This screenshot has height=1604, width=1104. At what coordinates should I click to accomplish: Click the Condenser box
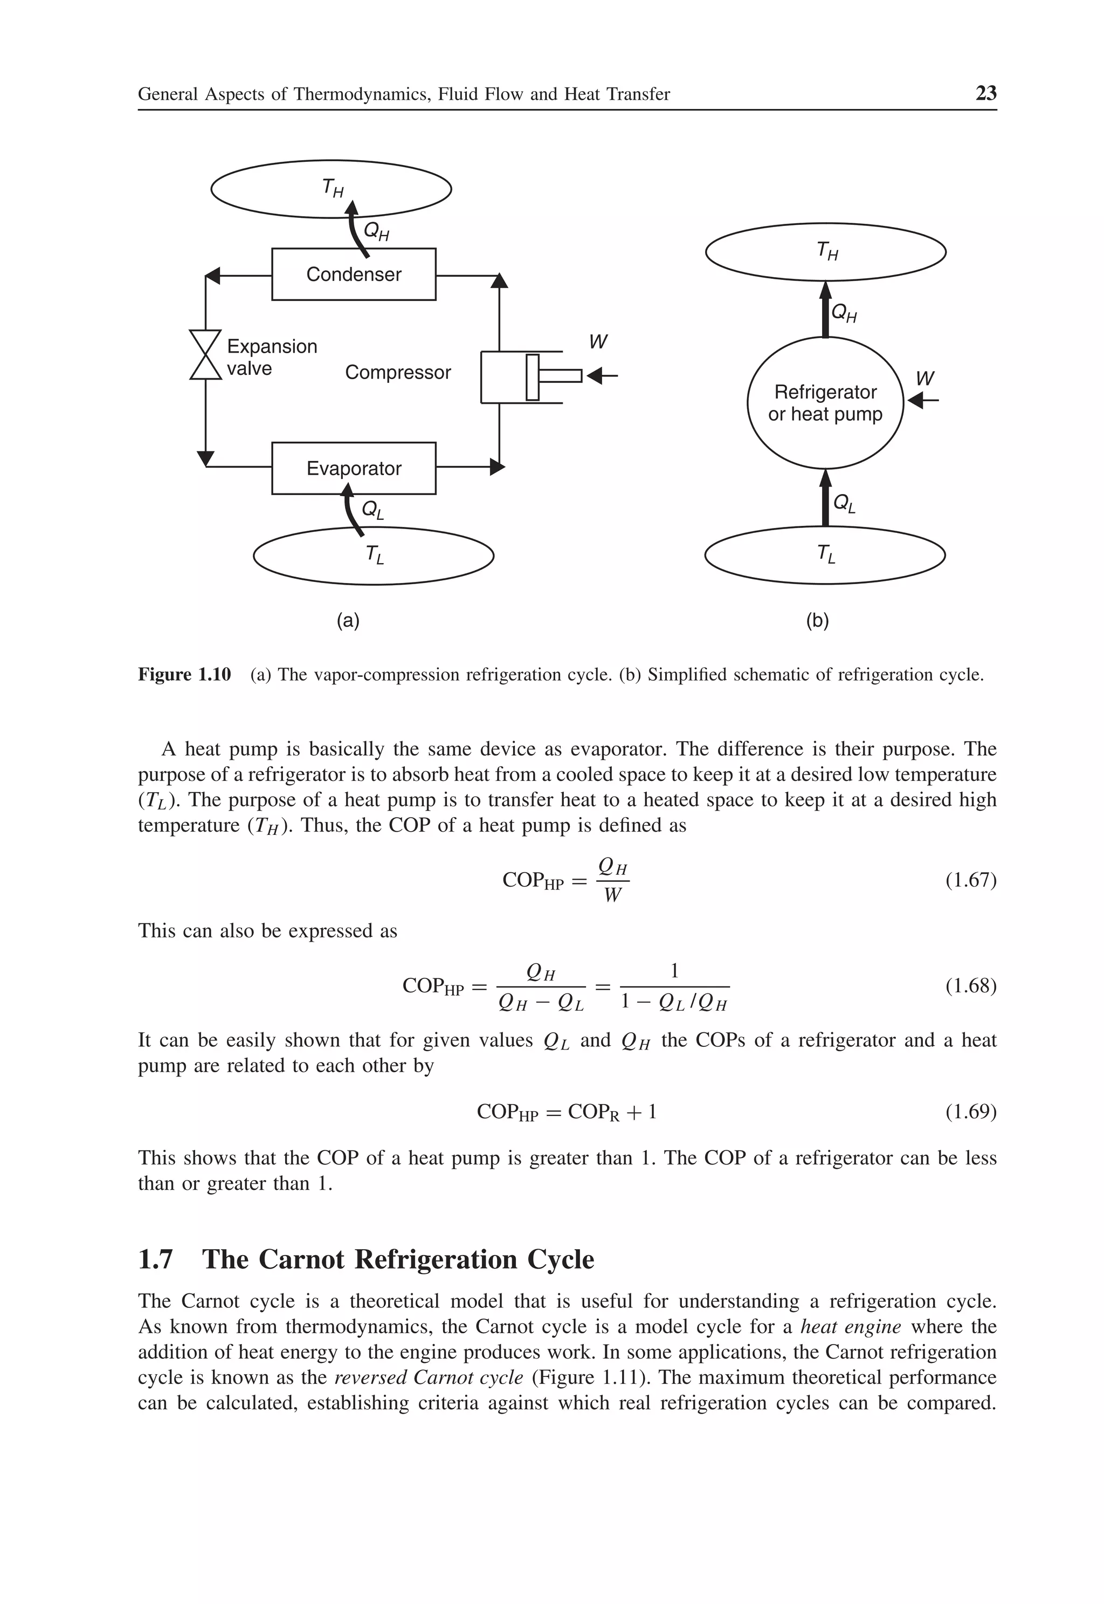pyautogui.click(x=354, y=274)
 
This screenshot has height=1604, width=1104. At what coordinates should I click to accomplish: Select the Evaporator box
pyautogui.click(x=354, y=469)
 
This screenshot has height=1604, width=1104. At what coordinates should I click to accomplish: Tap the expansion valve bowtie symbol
pyautogui.click(x=205, y=354)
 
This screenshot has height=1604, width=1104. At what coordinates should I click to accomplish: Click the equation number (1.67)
pyautogui.click(x=970, y=880)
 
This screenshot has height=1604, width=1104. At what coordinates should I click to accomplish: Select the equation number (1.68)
pyautogui.click(x=970, y=985)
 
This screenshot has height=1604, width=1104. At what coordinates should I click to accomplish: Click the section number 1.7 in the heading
pyautogui.click(x=156, y=1259)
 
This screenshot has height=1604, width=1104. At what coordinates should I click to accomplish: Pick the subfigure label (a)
pyautogui.click(x=348, y=621)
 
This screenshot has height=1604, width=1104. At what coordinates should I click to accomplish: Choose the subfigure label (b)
pyautogui.click(x=817, y=621)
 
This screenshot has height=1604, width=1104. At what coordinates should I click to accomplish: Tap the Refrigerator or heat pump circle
pyautogui.click(x=825, y=403)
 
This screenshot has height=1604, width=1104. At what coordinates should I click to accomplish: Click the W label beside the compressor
pyautogui.click(x=598, y=342)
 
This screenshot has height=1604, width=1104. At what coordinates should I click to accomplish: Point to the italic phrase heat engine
pyautogui.click(x=851, y=1327)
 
